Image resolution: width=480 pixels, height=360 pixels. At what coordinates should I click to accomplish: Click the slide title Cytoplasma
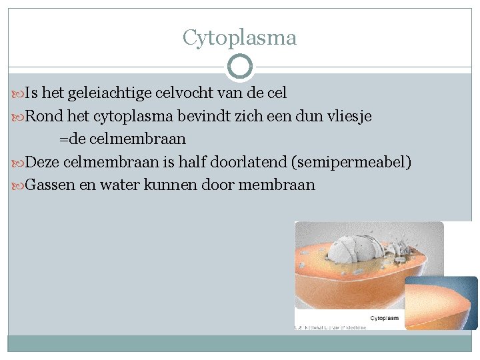click(x=239, y=38)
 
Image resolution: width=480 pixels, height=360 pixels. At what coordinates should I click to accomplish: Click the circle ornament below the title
click(x=240, y=67)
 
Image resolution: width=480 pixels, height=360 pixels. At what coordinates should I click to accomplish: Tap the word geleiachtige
click(x=109, y=94)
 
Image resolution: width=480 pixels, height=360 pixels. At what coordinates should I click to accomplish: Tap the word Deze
click(x=42, y=162)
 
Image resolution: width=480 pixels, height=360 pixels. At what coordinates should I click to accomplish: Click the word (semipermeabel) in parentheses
click(x=357, y=162)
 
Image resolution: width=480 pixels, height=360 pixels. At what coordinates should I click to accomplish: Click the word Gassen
click(x=50, y=185)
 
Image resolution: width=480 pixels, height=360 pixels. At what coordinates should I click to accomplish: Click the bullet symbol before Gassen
click(x=18, y=185)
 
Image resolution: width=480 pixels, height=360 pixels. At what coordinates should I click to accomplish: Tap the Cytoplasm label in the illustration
click(x=384, y=319)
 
